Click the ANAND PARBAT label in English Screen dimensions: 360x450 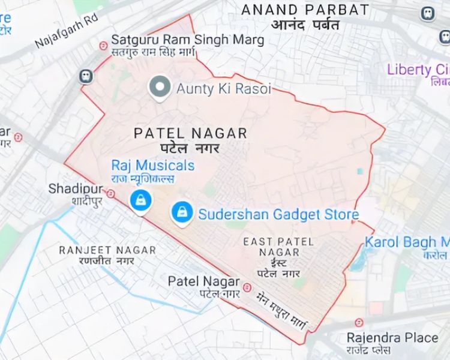pyautogui.click(x=305, y=10)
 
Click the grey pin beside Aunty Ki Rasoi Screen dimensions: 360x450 pyautogui.click(x=160, y=88)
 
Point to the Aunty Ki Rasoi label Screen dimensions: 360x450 pyautogui.click(x=223, y=89)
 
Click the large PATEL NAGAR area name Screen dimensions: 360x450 pyautogui.click(x=190, y=133)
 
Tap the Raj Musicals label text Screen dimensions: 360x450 pyautogui.click(x=153, y=165)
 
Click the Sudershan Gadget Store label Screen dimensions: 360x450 pyautogui.click(x=278, y=214)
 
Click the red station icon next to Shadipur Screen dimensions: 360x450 pyautogui.click(x=112, y=193)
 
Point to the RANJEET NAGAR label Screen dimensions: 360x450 pyautogui.click(x=107, y=250)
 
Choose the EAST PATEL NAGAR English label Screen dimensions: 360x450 pyautogui.click(x=278, y=247)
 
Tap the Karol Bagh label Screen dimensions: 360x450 pyautogui.click(x=407, y=242)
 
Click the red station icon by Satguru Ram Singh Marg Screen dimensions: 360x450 pyautogui.click(x=103, y=44)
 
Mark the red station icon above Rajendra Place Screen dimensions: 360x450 pyautogui.click(x=359, y=323)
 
